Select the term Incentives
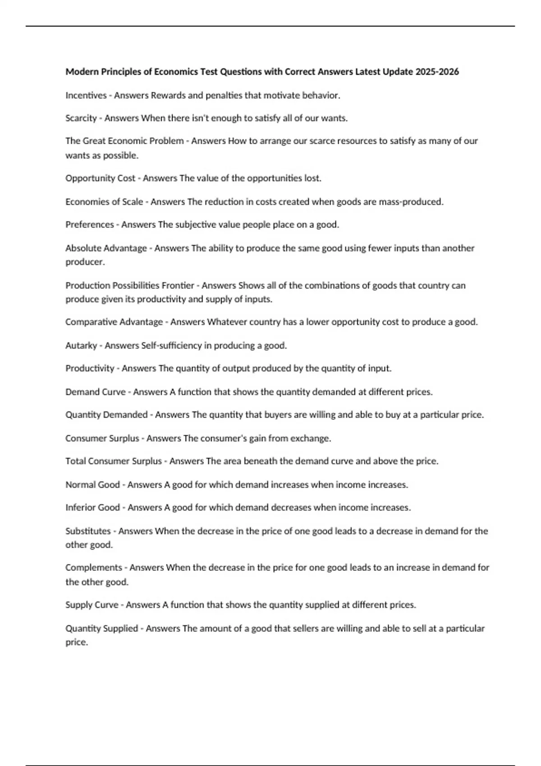tap(86, 95)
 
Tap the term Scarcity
tap(81, 118)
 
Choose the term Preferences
tap(89, 224)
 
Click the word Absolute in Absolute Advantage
tap(84, 248)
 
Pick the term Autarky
tap(81, 346)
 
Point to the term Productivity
tap(90, 369)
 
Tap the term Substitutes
tap(88, 531)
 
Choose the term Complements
tap(93, 568)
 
